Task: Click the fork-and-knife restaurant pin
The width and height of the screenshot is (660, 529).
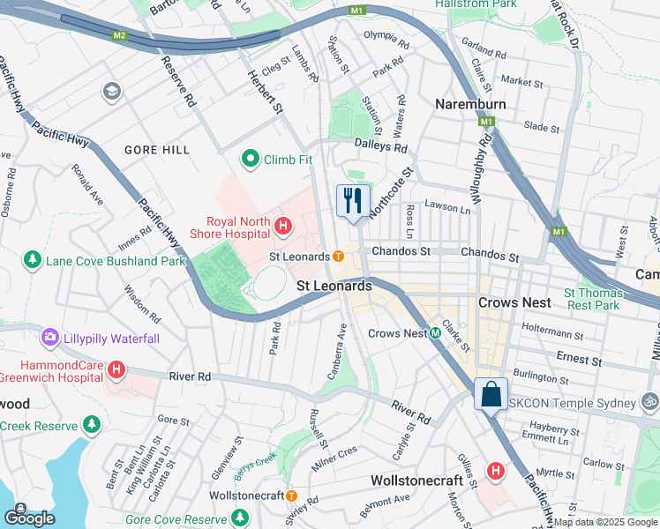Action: pos(352,201)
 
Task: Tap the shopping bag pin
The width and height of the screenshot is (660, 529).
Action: pos(491,394)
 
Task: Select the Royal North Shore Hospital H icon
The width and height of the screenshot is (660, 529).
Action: pos(283,227)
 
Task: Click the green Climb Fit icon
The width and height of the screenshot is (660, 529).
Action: pos(251,160)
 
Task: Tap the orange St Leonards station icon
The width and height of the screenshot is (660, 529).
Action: pos(339,256)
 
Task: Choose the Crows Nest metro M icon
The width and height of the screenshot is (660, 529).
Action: pos(435,333)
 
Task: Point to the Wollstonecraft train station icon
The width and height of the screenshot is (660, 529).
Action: pos(290,495)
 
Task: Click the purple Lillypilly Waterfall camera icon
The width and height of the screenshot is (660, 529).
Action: pos(49,338)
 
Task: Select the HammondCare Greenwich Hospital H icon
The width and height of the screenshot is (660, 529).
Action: pos(116,369)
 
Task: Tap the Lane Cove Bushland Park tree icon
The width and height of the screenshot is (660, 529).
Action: pos(33,260)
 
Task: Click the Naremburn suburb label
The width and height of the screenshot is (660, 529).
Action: pos(470,104)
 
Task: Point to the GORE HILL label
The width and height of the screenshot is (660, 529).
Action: pos(157,150)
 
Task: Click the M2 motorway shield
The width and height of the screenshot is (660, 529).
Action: pos(119,36)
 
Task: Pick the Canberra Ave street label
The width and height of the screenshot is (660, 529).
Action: pos(336,352)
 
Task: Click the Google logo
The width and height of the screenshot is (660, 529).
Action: pos(29,518)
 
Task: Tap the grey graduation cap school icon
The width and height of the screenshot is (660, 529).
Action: pos(111,91)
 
